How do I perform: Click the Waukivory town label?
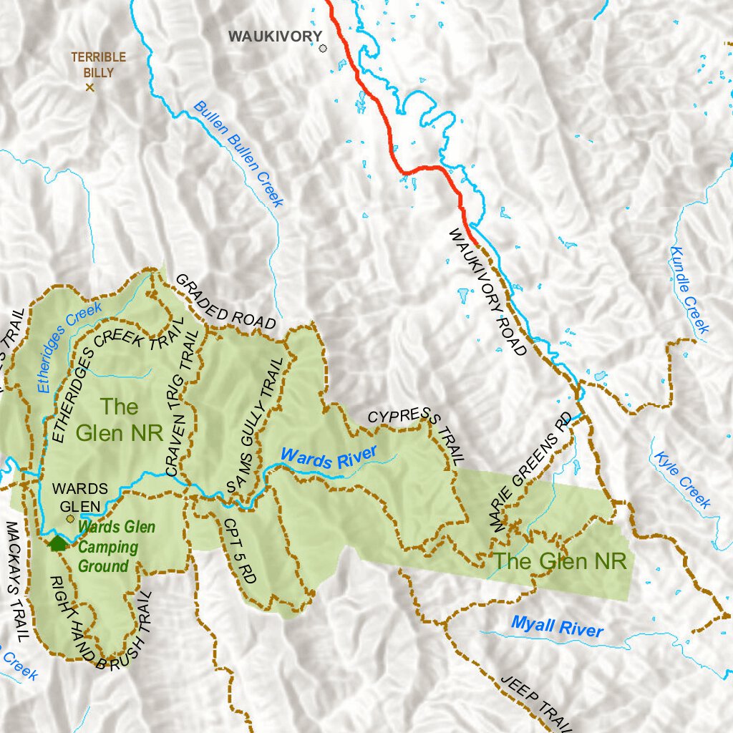coord(270,36)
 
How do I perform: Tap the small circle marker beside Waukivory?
coord(323,49)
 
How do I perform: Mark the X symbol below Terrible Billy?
coord(90,87)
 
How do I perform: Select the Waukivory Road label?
coord(487,291)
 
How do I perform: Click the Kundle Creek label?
coord(689,290)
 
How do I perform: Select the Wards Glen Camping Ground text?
coord(115,547)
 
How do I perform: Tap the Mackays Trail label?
coord(16,580)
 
